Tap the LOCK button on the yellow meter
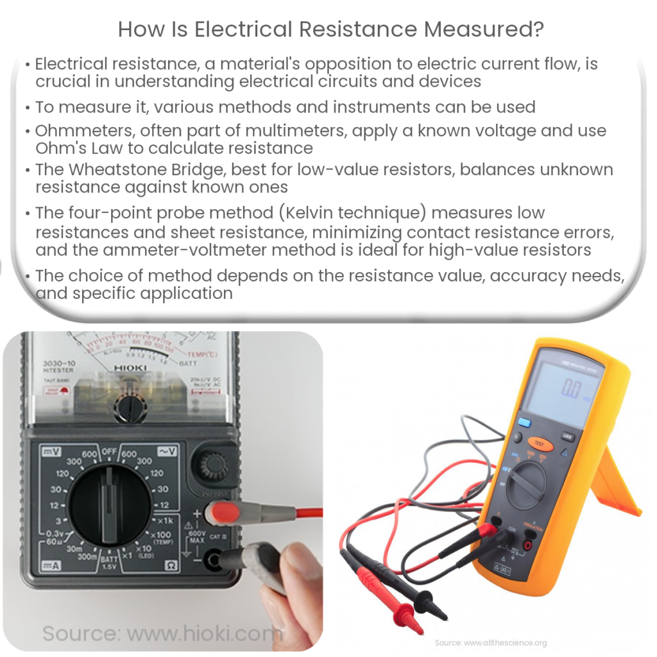(568, 436)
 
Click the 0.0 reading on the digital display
(570, 389)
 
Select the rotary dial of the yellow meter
(527, 484)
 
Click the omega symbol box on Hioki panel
(171, 565)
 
